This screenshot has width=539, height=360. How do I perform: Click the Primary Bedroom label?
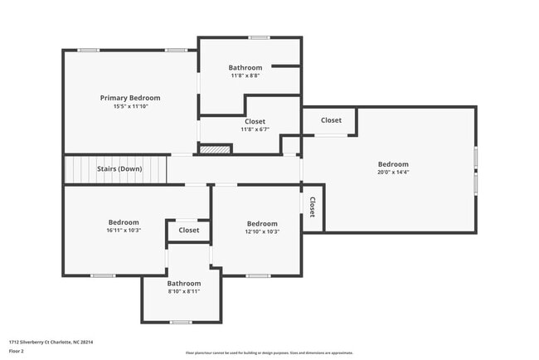coord(130,98)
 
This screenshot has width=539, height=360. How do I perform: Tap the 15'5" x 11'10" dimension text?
coord(130,106)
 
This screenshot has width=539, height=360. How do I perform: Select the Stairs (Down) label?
coord(119,169)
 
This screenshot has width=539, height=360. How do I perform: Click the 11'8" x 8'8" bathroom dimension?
coord(245,75)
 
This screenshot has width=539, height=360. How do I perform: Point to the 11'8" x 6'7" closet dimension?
coord(255,129)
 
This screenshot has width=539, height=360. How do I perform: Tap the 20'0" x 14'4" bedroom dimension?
coord(393,173)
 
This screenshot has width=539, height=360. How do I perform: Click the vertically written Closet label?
coord(313,207)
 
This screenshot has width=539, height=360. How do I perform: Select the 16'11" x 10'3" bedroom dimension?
coord(124,230)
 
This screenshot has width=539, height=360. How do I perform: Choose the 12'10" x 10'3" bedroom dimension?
coord(262,231)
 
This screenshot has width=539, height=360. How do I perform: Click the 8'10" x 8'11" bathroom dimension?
coord(184,291)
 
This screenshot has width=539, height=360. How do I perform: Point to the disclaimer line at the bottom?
coord(269,352)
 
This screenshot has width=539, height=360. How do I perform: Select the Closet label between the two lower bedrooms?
coord(188,230)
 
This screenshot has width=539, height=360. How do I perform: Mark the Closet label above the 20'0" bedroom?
coord(331,120)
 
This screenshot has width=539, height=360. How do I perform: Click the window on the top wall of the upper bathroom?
coord(260,37)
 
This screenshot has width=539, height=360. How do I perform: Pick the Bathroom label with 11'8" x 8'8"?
coord(245,67)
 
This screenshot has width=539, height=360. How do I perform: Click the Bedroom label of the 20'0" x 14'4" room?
coord(393,164)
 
